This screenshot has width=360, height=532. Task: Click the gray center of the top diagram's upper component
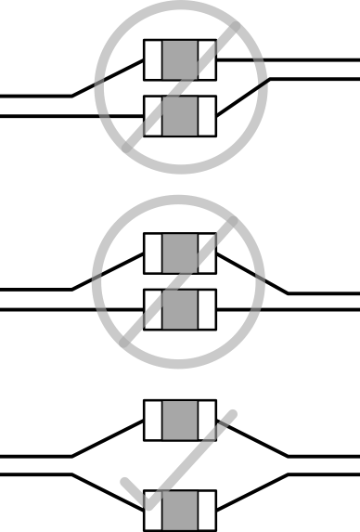[x=180, y=60]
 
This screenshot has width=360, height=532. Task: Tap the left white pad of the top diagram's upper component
[x=153, y=60]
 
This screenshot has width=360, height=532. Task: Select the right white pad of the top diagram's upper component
[x=207, y=60]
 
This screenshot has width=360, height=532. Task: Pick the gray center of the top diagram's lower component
[x=180, y=116]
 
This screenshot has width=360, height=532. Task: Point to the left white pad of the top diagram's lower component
[x=153, y=116]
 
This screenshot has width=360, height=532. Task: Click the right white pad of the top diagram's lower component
[x=207, y=116]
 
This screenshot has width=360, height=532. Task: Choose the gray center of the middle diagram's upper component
[x=180, y=253]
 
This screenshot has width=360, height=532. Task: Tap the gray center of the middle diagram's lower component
[x=180, y=308]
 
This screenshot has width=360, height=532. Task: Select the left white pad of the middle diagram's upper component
[x=153, y=253]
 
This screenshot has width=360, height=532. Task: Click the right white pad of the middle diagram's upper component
[x=207, y=253]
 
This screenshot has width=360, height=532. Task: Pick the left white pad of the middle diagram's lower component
[x=153, y=308]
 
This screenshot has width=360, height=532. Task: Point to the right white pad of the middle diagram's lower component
[x=207, y=308]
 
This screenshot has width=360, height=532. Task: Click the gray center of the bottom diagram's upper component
[x=180, y=420]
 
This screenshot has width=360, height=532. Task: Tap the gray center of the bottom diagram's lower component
[x=180, y=510]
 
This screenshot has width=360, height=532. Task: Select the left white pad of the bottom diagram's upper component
[x=153, y=420]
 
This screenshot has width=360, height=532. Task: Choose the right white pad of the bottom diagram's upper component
[x=207, y=420]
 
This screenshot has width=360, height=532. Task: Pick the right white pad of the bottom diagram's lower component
[x=207, y=510]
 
